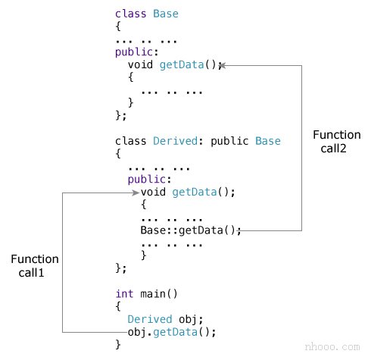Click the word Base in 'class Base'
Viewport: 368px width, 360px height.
pyautogui.click(x=166, y=14)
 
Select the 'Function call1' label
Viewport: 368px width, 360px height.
pyautogui.click(x=35, y=266)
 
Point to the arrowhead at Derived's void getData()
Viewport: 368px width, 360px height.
pyautogui.click(x=134, y=193)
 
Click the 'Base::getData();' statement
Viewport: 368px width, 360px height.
pyautogui.click(x=191, y=230)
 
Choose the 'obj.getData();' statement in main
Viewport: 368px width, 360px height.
pyautogui.click(x=172, y=332)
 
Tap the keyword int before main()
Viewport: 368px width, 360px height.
pyautogui.click(x=124, y=293)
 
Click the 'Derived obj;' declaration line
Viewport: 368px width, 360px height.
pyautogui.click(x=166, y=319)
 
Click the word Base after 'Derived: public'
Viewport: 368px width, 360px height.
pyautogui.click(x=267, y=141)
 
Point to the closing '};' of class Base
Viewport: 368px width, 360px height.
pyautogui.click(x=121, y=115)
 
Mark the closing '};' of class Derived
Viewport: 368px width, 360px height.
pyautogui.click(x=121, y=268)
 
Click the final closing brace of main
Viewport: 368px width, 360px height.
pyautogui.click(x=118, y=345)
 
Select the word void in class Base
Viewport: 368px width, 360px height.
pyautogui.click(x=140, y=64)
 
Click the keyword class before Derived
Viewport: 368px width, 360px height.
pyautogui.click(x=130, y=141)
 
